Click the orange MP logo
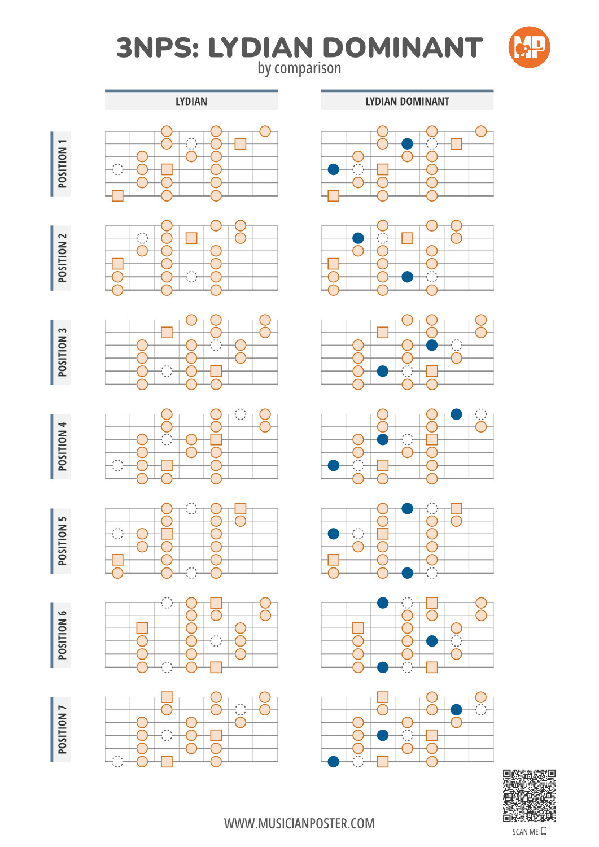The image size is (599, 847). point(528,47)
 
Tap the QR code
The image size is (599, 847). point(529,795)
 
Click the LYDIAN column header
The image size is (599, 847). point(191,101)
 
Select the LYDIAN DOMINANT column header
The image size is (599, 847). point(407,101)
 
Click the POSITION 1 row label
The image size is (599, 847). point(62,163)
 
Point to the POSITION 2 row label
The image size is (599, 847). point(62,258)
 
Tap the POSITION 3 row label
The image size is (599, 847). point(62,352)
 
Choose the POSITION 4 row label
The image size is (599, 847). point(62,447)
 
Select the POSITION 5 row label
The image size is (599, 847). point(62,541)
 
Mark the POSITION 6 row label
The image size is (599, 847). point(62,635)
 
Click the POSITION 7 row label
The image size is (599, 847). point(62,730)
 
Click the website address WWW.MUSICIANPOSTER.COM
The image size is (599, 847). point(299,823)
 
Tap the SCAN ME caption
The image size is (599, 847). point(525,832)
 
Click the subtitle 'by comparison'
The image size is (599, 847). point(299,68)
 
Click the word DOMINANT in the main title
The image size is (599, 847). point(403,47)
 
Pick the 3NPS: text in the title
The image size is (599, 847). point(158,47)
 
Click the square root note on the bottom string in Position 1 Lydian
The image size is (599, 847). point(117,196)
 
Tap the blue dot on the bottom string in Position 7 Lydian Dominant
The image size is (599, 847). point(333,762)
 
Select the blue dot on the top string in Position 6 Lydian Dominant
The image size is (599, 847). point(383,602)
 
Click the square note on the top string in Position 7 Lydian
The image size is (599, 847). point(167,697)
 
